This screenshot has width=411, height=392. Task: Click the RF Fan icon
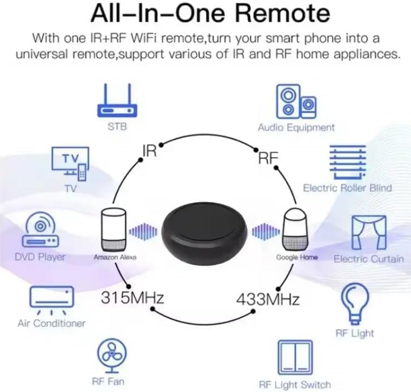point(112,355)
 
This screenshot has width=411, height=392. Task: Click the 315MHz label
point(132,297)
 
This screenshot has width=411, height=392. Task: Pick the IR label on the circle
point(149,150)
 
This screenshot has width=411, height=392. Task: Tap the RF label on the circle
point(268,158)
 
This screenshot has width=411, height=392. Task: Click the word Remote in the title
point(283,14)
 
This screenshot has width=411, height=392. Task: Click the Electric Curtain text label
point(369,258)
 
